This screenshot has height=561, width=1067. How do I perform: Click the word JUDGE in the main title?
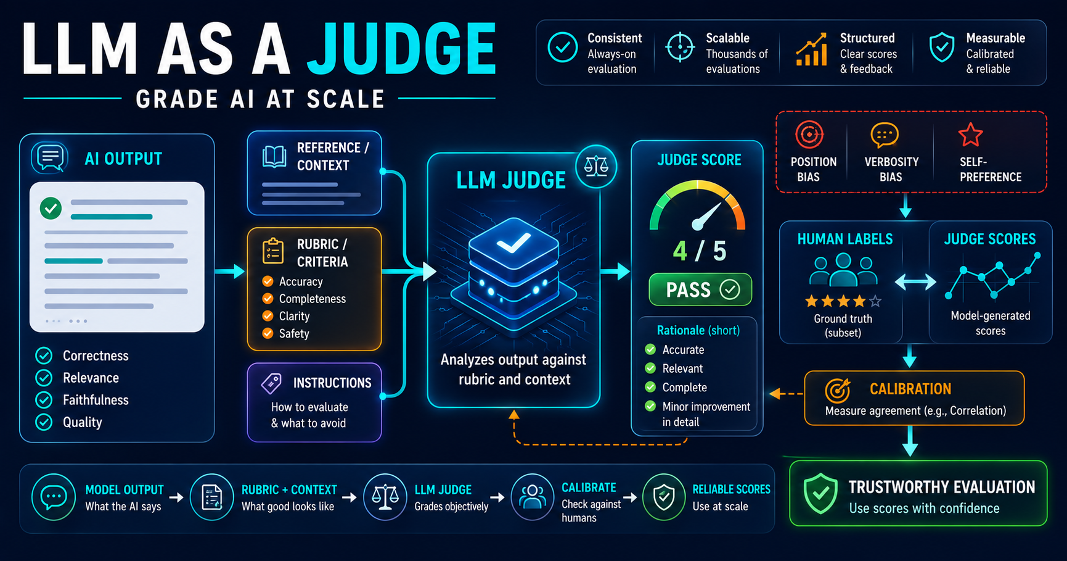point(401,49)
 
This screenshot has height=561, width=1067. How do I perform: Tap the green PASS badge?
point(700,289)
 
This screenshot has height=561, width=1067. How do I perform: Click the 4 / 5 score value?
point(700,251)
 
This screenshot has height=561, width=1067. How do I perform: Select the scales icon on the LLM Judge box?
point(596,165)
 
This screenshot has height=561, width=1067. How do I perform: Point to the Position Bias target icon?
point(809,135)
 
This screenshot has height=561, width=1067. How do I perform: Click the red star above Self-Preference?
point(970,135)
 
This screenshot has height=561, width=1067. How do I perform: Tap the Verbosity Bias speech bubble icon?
point(885,135)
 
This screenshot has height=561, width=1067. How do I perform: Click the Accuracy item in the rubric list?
point(293,281)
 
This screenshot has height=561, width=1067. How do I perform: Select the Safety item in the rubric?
point(286,333)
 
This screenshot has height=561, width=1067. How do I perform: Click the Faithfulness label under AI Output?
point(96,400)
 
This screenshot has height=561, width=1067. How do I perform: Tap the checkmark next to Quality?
point(44,422)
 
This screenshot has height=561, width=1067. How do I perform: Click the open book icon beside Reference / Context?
point(274,157)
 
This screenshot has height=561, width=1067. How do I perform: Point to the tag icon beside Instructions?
point(271,383)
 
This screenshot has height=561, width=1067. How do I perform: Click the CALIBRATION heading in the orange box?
point(910,389)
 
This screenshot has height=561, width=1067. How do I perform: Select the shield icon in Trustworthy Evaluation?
point(820,493)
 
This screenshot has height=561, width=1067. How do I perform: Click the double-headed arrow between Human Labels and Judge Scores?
point(915,282)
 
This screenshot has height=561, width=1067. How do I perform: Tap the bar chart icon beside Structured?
point(811,49)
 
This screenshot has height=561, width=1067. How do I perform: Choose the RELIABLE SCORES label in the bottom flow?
point(732,489)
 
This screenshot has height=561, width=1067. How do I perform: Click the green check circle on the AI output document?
point(51,209)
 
